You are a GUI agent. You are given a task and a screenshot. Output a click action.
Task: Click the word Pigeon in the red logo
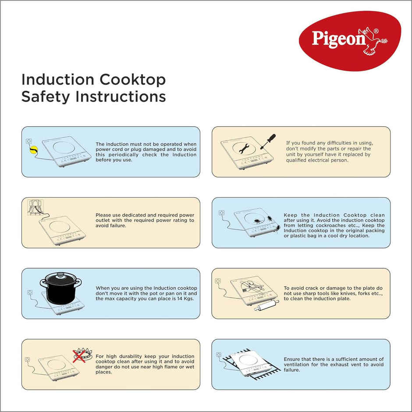pyautogui.click(x=338, y=39)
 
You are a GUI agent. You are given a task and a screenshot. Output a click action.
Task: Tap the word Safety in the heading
pyautogui.click(x=46, y=96)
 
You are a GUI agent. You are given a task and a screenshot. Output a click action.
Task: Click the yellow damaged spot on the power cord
pyautogui.click(x=32, y=150)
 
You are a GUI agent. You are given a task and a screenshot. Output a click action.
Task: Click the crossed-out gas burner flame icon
pyautogui.click(x=79, y=355)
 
